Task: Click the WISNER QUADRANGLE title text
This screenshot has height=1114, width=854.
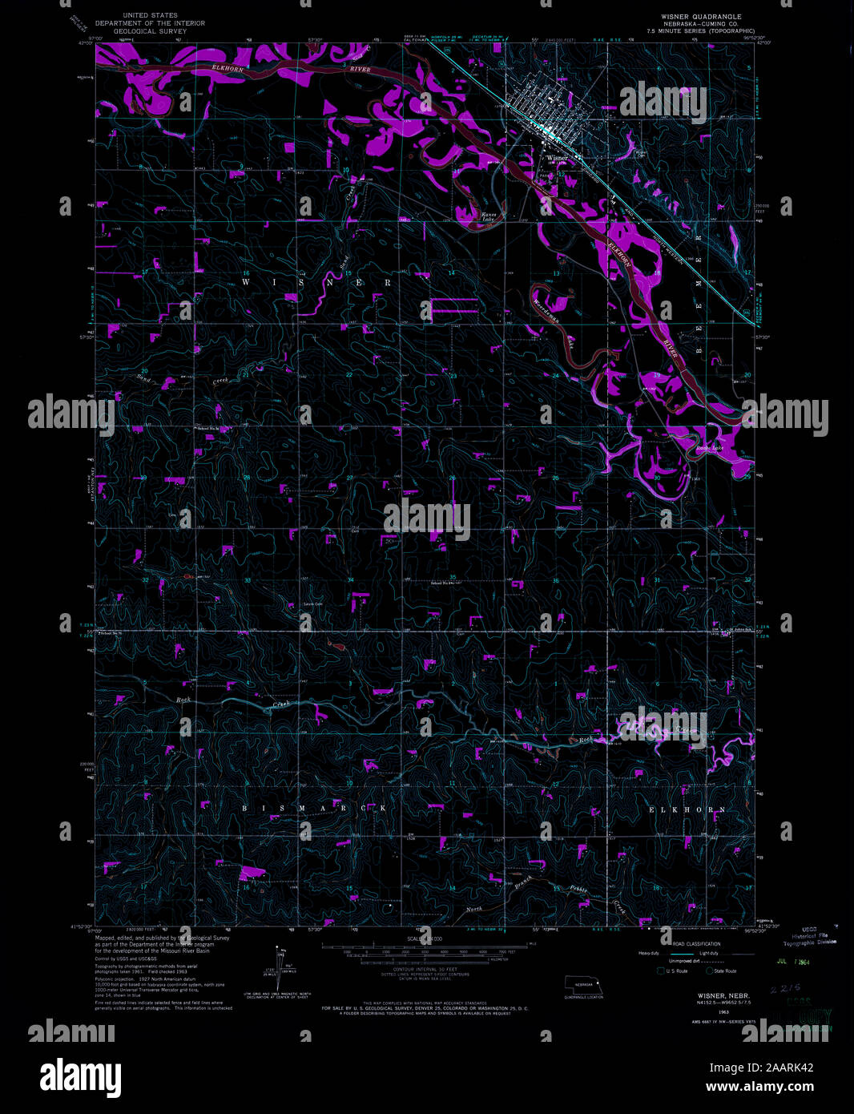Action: coord(700,17)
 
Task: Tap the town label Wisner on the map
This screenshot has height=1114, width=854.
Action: coord(557,158)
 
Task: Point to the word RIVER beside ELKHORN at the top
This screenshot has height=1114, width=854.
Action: coord(362,70)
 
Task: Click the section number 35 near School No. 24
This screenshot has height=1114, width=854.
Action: coord(453,577)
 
